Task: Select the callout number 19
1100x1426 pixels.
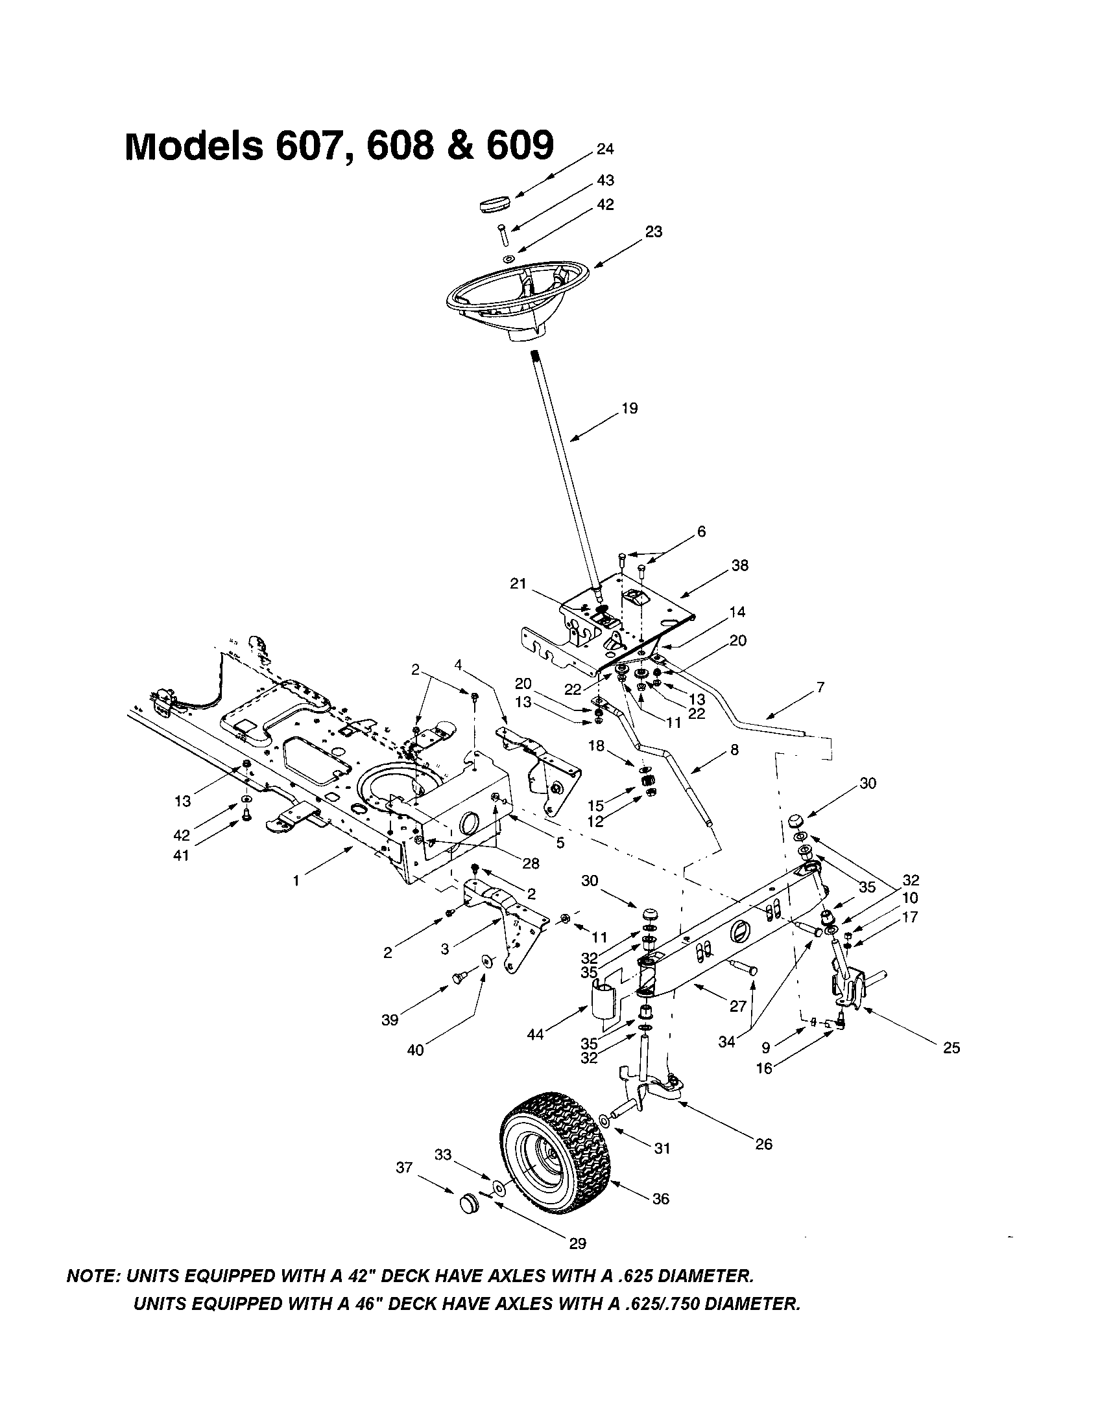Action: pos(630,409)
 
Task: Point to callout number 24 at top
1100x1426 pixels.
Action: pos(605,150)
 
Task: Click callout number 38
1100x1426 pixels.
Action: pos(740,565)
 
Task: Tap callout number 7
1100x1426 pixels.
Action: pos(820,687)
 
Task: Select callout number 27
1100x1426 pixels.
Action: pos(737,1006)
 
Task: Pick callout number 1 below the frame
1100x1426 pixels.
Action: pos(296,881)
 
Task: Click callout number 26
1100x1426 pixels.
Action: pos(763,1144)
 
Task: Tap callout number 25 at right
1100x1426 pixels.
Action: pos(951,1048)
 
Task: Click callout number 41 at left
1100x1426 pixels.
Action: pos(180,855)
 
